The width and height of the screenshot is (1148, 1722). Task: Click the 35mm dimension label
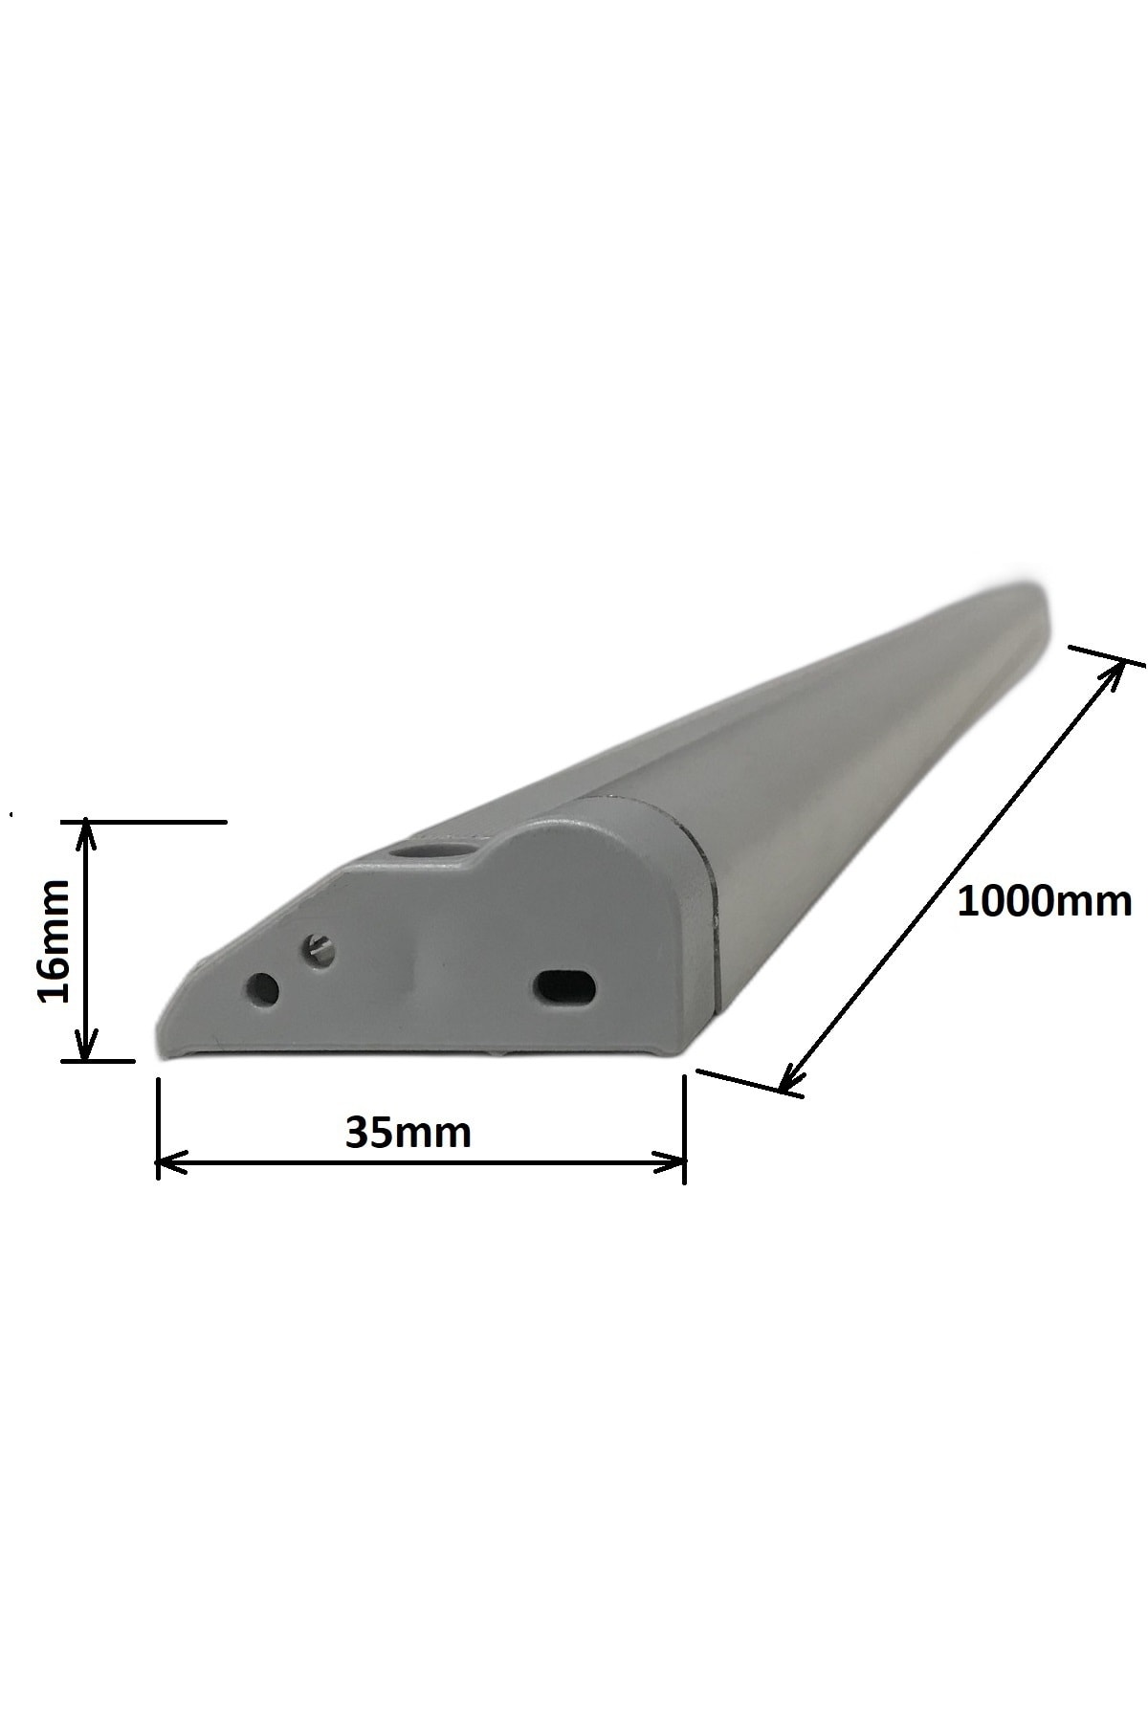click(408, 1133)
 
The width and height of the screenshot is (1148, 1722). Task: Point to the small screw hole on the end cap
click(318, 950)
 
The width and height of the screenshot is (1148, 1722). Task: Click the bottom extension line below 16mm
click(96, 1060)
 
